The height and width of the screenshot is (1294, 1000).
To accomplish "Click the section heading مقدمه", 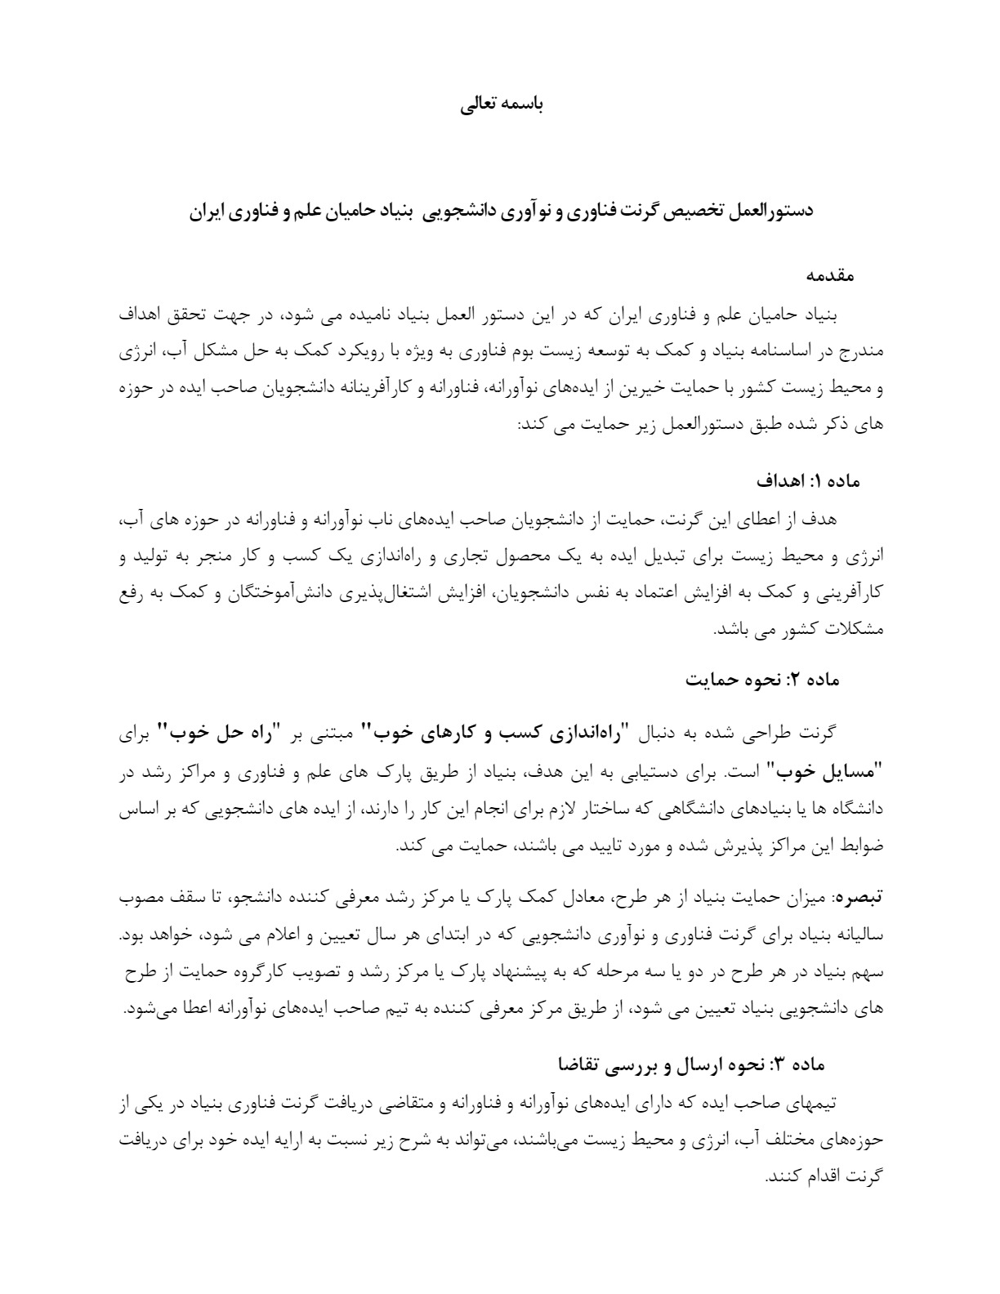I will pyautogui.click(x=831, y=276).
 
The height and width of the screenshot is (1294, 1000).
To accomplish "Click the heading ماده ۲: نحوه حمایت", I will pyautogui.click(x=761, y=680).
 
